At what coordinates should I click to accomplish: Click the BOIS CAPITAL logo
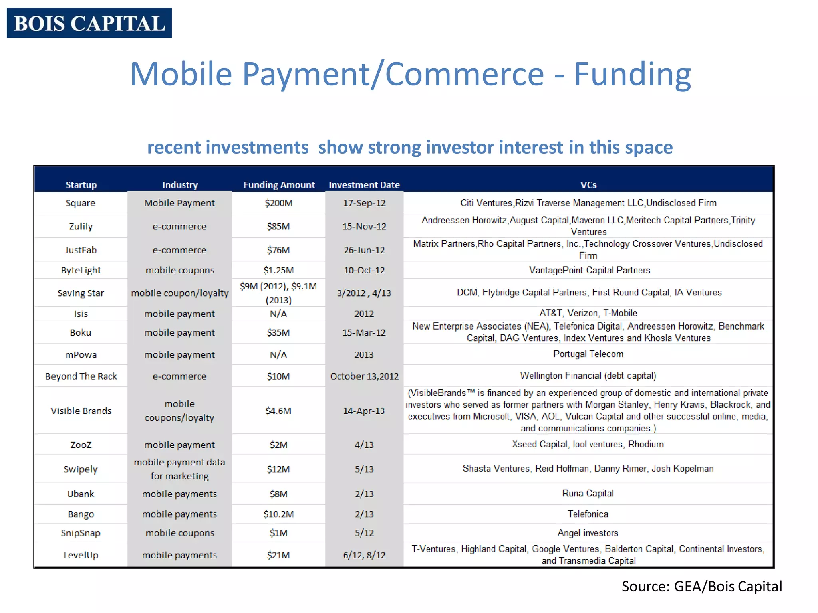(x=89, y=23)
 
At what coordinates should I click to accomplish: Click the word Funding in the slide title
(x=632, y=74)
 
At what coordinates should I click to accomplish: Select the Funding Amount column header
(x=279, y=185)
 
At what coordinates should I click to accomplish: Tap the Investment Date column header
(x=364, y=185)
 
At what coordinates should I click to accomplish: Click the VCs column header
(x=588, y=185)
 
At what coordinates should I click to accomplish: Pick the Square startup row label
(x=80, y=203)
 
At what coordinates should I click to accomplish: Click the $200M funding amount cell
(x=278, y=203)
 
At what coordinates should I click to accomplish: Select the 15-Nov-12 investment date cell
(x=364, y=226)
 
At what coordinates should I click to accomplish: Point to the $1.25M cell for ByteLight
(x=278, y=270)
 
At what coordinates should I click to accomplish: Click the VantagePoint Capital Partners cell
(x=589, y=270)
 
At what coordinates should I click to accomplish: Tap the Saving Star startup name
(x=80, y=293)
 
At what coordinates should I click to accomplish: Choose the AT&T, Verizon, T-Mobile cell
(x=588, y=313)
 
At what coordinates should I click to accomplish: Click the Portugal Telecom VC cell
(x=588, y=354)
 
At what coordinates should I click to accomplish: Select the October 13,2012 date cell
(x=364, y=376)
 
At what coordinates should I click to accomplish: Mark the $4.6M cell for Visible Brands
(x=278, y=411)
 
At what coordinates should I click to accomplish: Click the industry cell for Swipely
(x=179, y=469)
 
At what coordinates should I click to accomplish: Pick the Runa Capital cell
(x=588, y=493)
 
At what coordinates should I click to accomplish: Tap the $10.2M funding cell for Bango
(x=278, y=514)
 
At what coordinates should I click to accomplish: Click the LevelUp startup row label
(x=81, y=555)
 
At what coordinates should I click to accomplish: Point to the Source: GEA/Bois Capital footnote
(x=701, y=586)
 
